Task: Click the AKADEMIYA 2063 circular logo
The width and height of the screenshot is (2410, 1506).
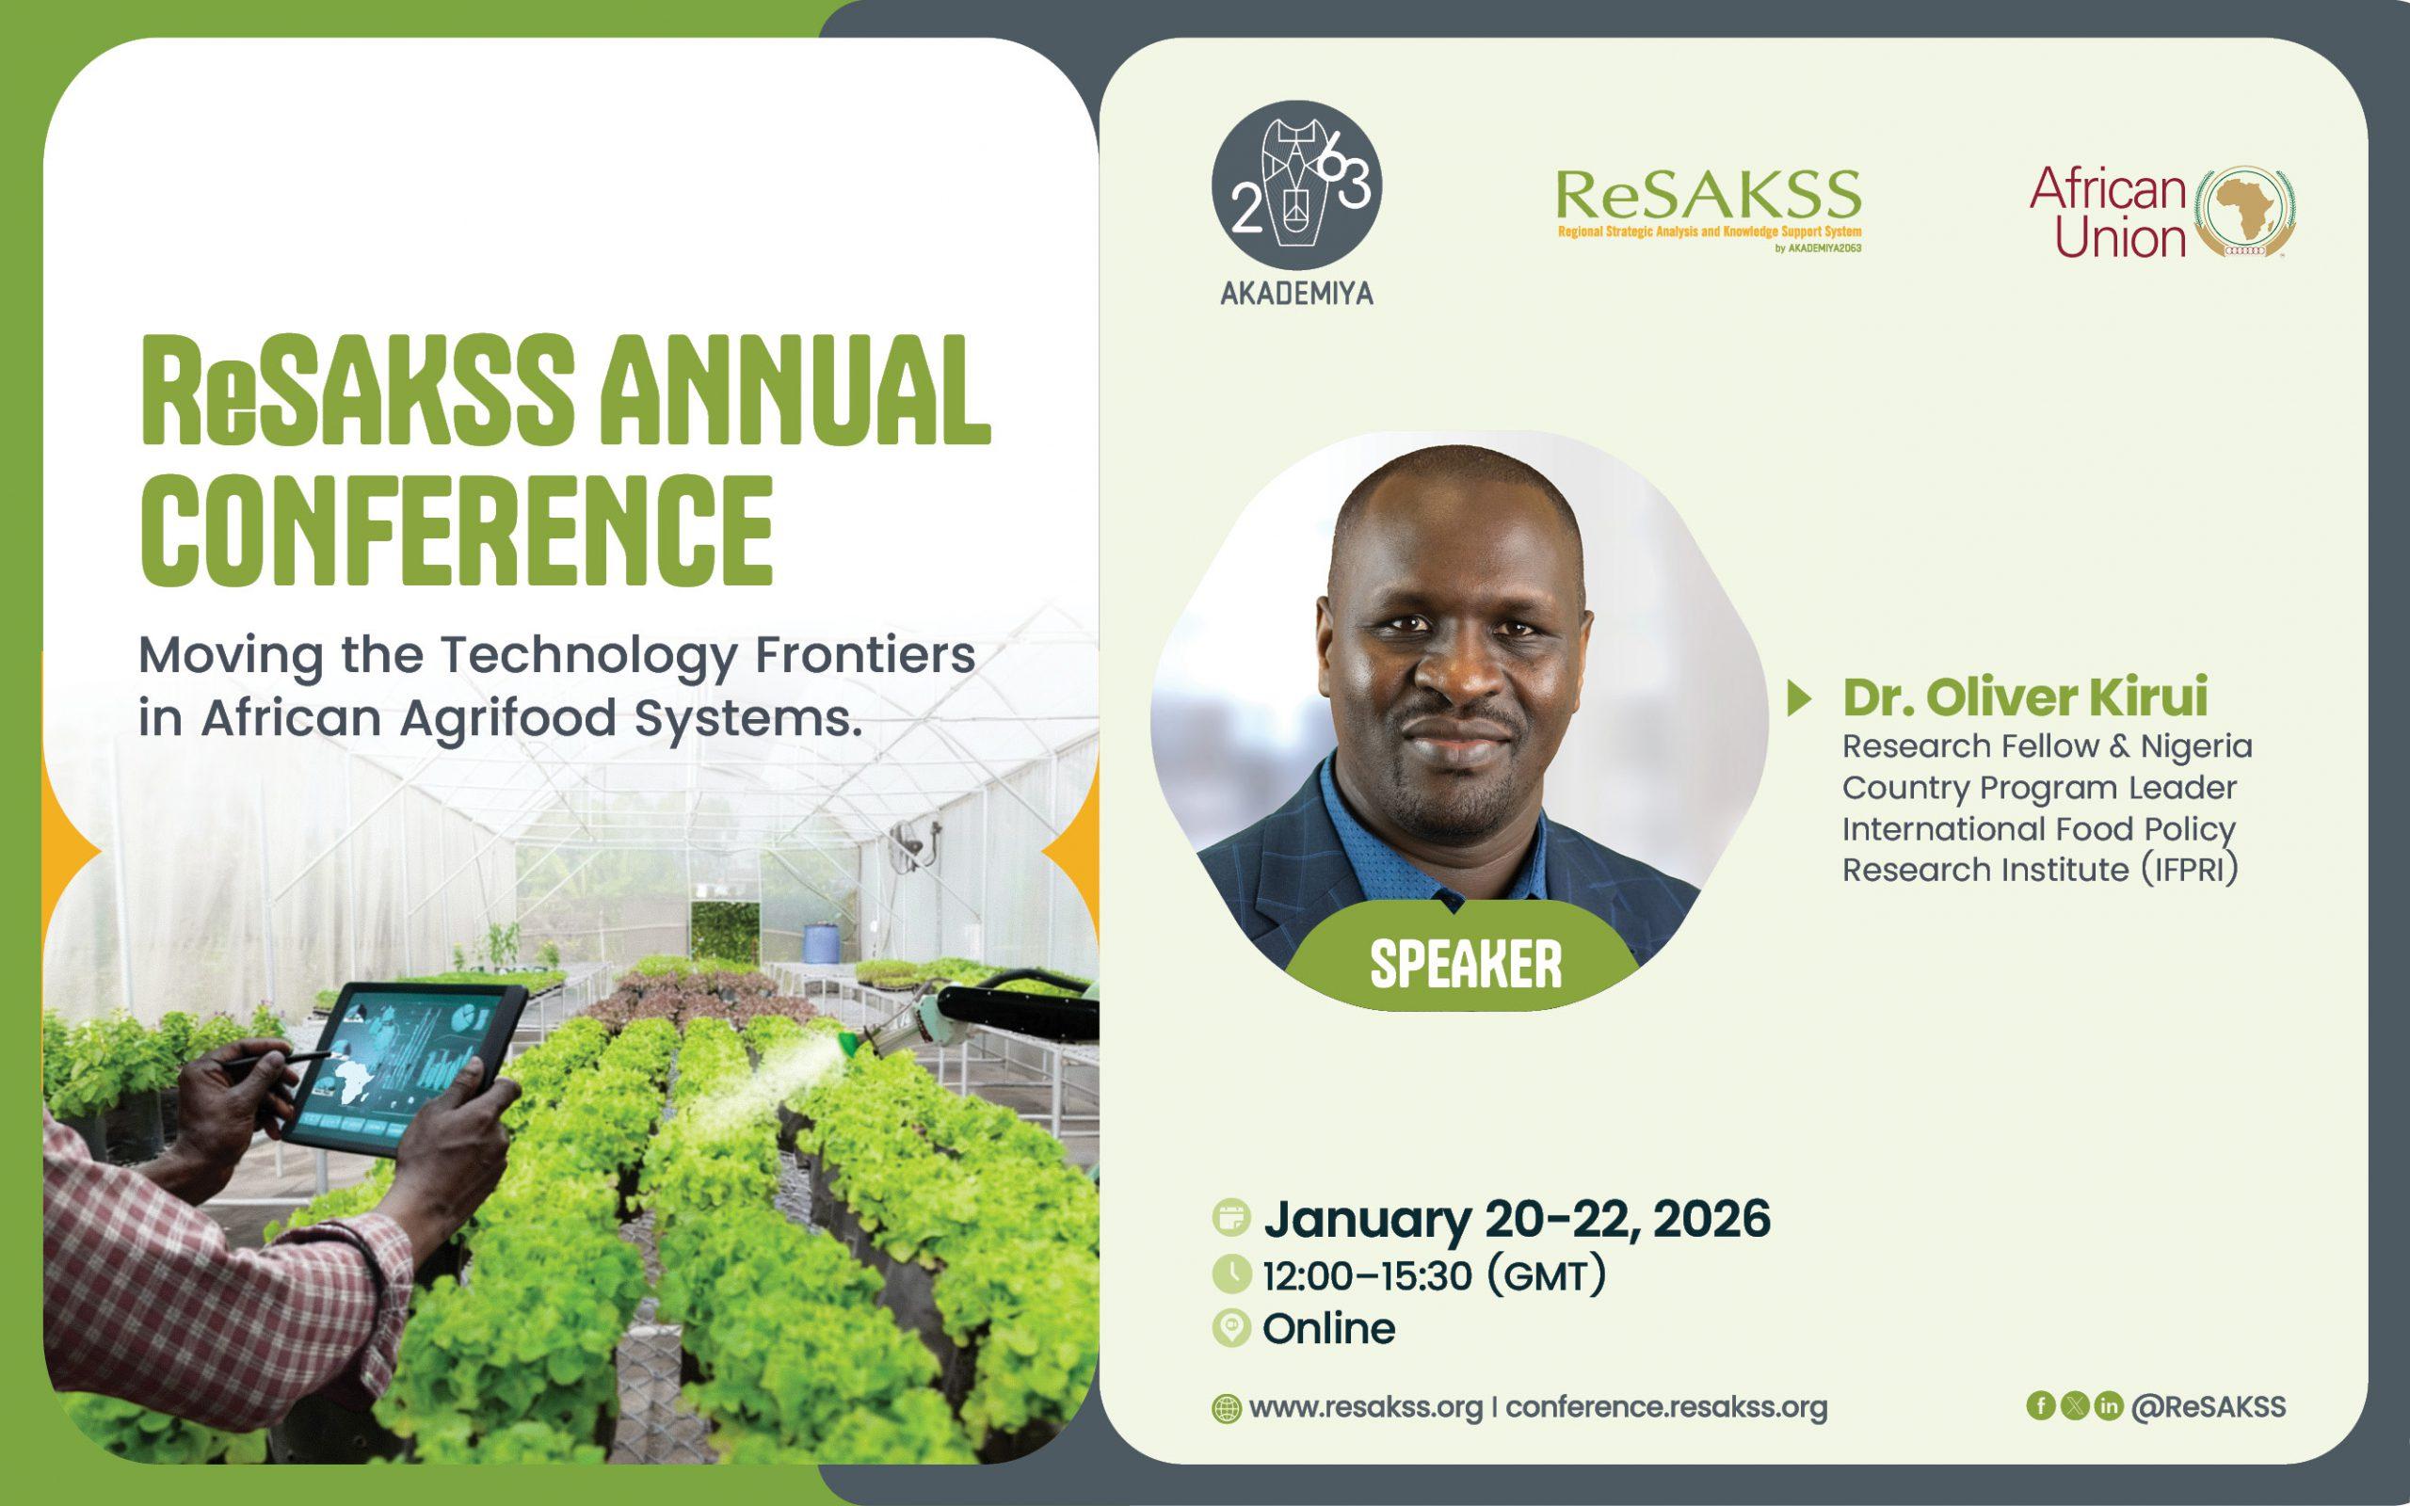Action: click(1296, 185)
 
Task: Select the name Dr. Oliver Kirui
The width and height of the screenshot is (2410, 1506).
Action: click(2025, 697)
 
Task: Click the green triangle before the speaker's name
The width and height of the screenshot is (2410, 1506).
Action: click(1798, 698)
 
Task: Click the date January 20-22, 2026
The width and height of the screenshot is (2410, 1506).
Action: click(1517, 1220)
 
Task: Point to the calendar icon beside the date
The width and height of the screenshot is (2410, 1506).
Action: click(1232, 1218)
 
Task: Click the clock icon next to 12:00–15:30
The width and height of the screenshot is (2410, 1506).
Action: click(1232, 1274)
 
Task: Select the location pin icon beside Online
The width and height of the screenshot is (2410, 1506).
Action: click(1232, 1329)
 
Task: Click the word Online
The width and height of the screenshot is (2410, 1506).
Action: click(1329, 1329)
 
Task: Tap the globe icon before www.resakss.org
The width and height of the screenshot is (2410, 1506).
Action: click(1226, 1409)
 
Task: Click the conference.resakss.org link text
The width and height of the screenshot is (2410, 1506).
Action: click(1667, 1407)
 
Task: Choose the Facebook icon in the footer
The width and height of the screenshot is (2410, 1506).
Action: click(2041, 1405)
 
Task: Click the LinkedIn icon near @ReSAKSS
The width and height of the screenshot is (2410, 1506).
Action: click(2108, 1405)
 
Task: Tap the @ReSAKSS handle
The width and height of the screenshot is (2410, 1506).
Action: click(2209, 1406)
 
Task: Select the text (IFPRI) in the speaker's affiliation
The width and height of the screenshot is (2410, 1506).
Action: click(2191, 870)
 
